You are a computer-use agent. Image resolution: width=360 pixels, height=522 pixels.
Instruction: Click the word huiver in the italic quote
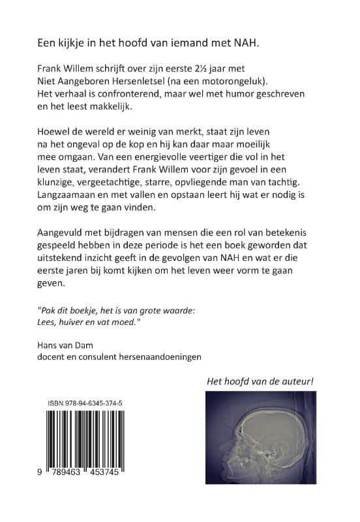pyautogui.click(x=74, y=316)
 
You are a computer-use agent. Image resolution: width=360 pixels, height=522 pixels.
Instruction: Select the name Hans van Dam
pyautogui.click(x=67, y=344)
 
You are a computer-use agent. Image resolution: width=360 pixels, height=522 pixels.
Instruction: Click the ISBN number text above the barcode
pyautogui.click(x=85, y=405)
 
